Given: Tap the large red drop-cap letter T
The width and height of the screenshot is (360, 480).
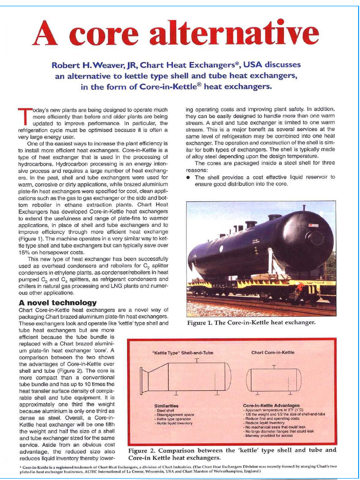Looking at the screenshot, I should click(x=24, y=117).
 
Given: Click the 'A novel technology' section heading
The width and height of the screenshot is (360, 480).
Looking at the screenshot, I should click(x=58, y=302).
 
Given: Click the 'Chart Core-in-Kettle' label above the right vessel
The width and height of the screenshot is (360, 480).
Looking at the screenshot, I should click(x=273, y=352).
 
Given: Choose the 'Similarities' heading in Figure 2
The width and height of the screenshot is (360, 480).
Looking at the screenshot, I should click(x=166, y=405).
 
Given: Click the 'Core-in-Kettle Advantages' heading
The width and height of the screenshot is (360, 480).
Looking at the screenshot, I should click(x=271, y=405).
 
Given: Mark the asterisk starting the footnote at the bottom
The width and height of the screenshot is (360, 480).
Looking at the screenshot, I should click(x=21, y=468).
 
